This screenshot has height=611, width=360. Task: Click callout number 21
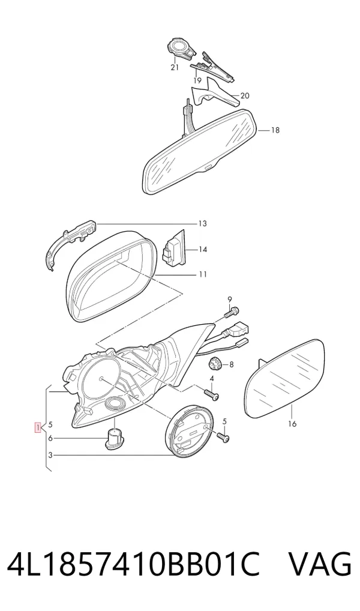click(175, 67)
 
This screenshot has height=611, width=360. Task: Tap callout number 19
click(197, 80)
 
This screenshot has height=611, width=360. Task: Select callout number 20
click(245, 95)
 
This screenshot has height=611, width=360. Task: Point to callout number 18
click(275, 130)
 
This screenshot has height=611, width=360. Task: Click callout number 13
click(203, 224)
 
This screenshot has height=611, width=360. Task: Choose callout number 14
click(203, 250)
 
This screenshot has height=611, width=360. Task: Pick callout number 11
click(203, 274)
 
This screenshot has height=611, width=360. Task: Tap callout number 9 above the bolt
click(230, 299)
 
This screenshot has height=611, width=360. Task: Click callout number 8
click(232, 365)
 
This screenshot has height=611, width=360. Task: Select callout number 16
click(292, 424)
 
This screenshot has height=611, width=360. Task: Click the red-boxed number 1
click(38, 427)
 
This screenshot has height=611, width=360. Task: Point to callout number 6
click(50, 438)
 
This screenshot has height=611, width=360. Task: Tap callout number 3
click(50, 455)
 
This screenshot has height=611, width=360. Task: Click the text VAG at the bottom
click(319, 564)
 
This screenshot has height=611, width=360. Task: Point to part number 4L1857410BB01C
click(133, 564)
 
